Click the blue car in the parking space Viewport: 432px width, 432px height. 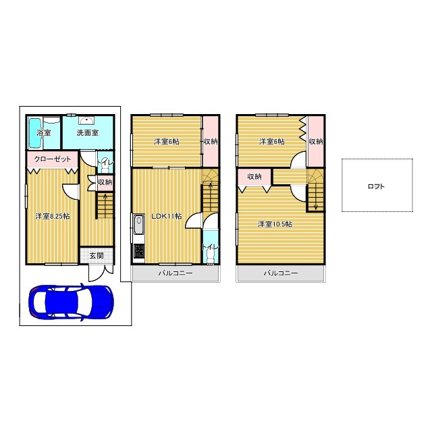(x=72, y=302)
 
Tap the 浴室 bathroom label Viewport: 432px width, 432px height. (x=44, y=133)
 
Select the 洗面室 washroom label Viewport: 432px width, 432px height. (x=88, y=133)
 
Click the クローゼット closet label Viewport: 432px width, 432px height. (x=53, y=159)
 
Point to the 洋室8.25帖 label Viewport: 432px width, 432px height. (x=53, y=216)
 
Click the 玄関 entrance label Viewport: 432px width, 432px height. (x=97, y=256)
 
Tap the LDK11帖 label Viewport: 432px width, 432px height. (x=167, y=216)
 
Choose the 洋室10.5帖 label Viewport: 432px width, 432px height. (x=275, y=224)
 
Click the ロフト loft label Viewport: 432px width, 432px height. (x=376, y=186)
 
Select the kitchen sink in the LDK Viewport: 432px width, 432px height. (x=138, y=224)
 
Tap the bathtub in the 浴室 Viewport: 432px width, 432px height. (x=35, y=133)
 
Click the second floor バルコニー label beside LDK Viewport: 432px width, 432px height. (x=175, y=273)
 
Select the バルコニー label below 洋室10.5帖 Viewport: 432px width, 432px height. (x=281, y=273)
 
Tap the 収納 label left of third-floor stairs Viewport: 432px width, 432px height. (x=254, y=176)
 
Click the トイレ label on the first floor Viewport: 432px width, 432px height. (x=106, y=162)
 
